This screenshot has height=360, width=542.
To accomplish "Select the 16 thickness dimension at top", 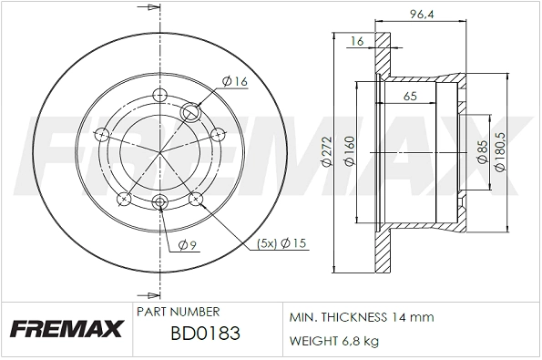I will tap(356, 40).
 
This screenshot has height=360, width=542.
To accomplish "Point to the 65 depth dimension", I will tap(410, 96).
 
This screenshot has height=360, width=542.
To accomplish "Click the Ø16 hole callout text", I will tap(236, 82).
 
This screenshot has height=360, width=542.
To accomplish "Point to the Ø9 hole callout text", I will tap(186, 243).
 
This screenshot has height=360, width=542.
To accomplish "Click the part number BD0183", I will tap(205, 334).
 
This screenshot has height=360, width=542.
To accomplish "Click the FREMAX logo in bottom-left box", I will tap(66, 328).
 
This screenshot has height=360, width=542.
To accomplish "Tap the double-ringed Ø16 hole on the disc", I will tap(193, 113).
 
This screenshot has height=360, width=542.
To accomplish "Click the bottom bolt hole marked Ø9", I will tap(160, 202).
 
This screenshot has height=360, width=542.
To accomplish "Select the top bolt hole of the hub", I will tap(160, 94).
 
